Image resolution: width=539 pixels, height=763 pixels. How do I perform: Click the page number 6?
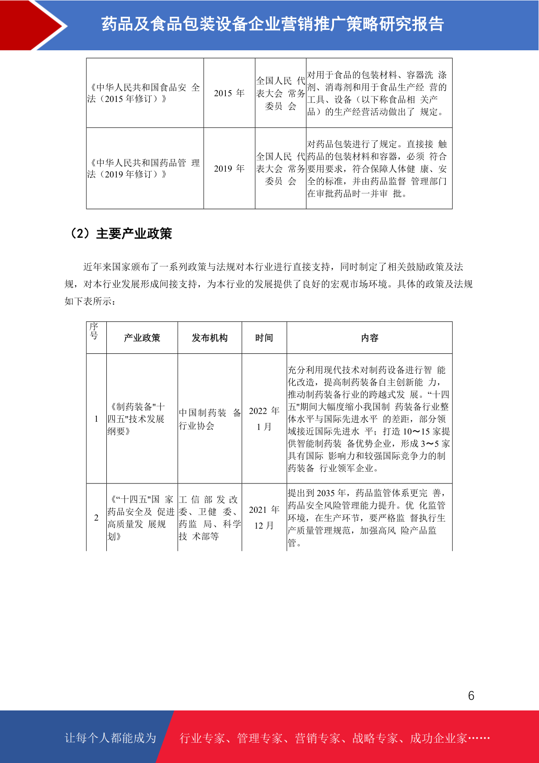[x=471, y=695]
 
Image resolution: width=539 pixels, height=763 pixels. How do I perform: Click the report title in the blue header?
[x=272, y=24]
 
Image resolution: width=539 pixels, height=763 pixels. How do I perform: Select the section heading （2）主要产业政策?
[x=120, y=234]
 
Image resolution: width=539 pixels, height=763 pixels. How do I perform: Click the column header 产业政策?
[x=142, y=338]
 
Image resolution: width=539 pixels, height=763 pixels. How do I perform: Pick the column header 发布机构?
[x=210, y=338]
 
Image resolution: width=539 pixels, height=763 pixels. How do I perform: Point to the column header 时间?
[x=264, y=338]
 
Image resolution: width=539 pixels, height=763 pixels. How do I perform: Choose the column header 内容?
[x=369, y=338]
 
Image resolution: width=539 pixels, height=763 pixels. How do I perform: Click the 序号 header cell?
[x=94, y=331]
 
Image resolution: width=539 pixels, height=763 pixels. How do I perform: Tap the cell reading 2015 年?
[x=229, y=93]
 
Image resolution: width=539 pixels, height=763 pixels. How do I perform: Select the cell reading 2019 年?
[x=229, y=169]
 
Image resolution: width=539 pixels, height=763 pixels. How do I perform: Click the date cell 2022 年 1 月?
[x=264, y=419]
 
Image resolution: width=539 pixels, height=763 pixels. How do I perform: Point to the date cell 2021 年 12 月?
[x=264, y=517]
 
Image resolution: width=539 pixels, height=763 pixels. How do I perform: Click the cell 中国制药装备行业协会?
[x=210, y=419]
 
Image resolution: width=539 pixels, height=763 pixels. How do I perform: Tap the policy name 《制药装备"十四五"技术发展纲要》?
[x=137, y=419]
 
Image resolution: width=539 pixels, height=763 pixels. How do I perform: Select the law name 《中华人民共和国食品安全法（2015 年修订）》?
[x=144, y=93]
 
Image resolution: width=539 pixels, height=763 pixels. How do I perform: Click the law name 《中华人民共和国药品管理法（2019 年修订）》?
[x=144, y=169]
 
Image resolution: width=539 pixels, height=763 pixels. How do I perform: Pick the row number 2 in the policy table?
[x=96, y=517]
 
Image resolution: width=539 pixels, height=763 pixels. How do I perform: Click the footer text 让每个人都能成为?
[x=110, y=738]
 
